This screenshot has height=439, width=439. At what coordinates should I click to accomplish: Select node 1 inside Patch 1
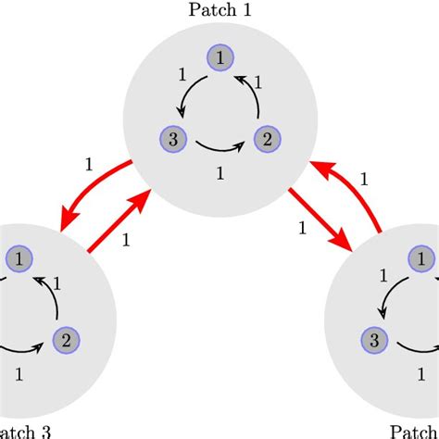click(x=219, y=57)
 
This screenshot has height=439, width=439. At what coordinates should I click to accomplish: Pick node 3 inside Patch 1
click(x=171, y=141)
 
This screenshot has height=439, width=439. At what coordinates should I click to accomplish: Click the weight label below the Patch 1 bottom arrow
click(x=219, y=172)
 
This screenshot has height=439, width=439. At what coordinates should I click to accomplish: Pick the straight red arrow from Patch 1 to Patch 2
click(x=320, y=219)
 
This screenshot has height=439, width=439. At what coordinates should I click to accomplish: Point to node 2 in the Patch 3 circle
click(x=64, y=339)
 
